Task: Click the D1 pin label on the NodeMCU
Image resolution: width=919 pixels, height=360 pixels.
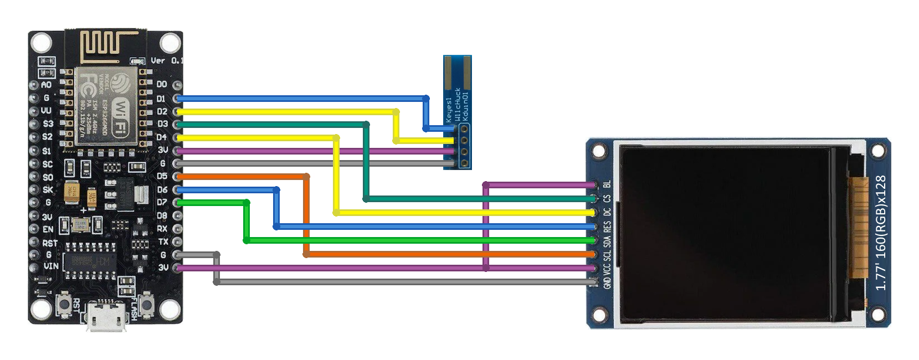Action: tap(161, 99)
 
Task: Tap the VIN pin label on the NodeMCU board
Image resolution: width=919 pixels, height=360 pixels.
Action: tap(50, 266)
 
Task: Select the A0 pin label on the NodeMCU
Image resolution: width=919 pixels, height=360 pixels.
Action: tap(47, 85)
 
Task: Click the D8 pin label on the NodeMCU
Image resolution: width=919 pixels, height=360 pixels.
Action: tap(162, 215)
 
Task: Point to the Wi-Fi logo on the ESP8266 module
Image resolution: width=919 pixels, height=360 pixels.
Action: tap(120, 117)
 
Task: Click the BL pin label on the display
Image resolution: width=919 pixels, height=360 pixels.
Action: tap(607, 184)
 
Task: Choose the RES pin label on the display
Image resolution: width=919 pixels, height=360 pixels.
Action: tap(607, 227)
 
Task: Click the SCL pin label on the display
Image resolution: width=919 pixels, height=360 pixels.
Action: tap(607, 255)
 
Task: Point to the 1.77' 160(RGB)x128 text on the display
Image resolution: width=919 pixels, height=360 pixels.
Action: tap(880, 233)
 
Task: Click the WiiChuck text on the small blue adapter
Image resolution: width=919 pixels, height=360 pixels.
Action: tap(458, 104)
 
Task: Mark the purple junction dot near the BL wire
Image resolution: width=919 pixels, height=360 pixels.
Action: tap(486, 184)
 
